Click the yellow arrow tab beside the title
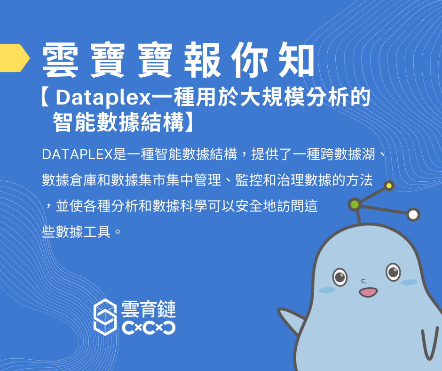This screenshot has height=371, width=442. point(14,58)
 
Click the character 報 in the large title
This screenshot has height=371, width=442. point(202,60)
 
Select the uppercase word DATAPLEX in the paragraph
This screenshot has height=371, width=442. point(77,154)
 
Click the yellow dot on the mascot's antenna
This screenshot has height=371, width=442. point(389,186)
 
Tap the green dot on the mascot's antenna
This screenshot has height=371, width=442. point(355,204)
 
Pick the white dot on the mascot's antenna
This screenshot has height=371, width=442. point(413,215)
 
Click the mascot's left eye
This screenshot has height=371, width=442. point(339,276)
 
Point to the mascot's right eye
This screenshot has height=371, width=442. point(393,272)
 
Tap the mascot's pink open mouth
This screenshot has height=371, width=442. point(368,292)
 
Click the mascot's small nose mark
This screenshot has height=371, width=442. point(364,281)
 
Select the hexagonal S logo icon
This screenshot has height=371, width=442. point(105,317)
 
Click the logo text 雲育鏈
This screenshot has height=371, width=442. point(149,309)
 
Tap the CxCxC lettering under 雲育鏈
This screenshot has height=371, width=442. point(149,328)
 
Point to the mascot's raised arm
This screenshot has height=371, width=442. point(290,319)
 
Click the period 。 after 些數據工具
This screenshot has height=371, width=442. point(118,232)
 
